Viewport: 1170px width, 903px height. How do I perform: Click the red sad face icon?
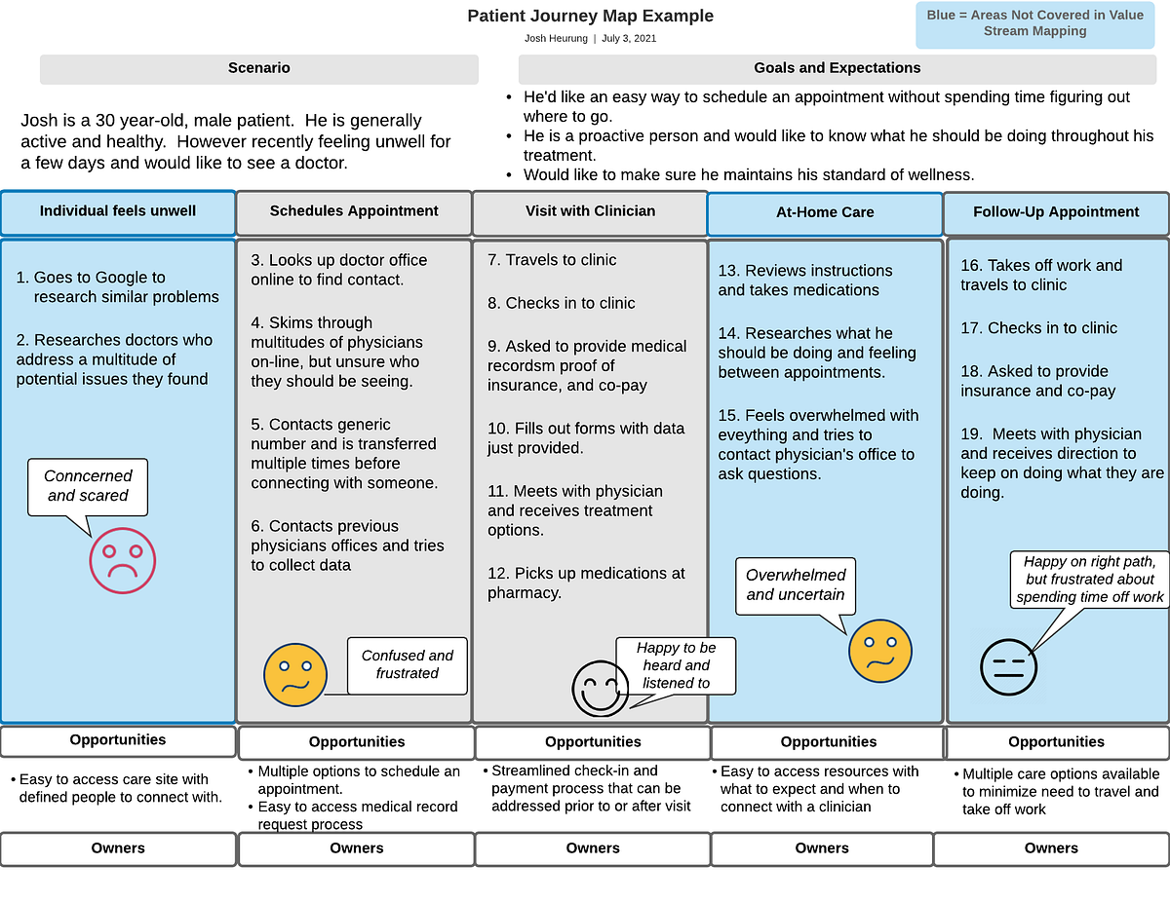[122, 560]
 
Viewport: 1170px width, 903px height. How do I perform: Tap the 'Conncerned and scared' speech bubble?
[89, 486]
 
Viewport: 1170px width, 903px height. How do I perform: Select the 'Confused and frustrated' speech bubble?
[407, 664]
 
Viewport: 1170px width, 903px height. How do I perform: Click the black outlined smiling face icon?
[600, 689]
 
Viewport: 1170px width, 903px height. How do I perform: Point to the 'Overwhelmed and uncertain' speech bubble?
[796, 585]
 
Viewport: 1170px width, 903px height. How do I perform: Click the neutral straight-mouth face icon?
[1008, 667]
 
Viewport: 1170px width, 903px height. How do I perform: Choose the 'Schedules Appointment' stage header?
[354, 211]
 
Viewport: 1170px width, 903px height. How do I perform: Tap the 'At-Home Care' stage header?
[825, 212]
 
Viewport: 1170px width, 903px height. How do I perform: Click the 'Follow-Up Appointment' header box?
[1056, 212]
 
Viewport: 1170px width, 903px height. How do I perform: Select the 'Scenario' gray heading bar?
[258, 69]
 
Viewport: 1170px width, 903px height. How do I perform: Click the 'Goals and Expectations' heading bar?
[837, 69]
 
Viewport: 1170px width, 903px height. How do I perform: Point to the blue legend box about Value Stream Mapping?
[1034, 24]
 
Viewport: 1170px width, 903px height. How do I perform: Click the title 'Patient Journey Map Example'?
[590, 16]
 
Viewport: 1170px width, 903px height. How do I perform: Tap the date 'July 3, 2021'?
[629, 39]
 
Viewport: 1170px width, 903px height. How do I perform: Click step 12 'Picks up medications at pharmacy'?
[586, 583]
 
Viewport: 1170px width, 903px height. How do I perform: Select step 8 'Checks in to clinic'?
[562, 303]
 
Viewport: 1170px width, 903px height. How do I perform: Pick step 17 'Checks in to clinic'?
[1038, 328]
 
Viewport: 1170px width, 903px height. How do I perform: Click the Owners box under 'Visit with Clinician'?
[592, 848]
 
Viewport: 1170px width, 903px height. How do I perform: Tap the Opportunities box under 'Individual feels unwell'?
[118, 740]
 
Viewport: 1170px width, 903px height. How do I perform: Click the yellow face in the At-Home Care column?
[879, 651]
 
